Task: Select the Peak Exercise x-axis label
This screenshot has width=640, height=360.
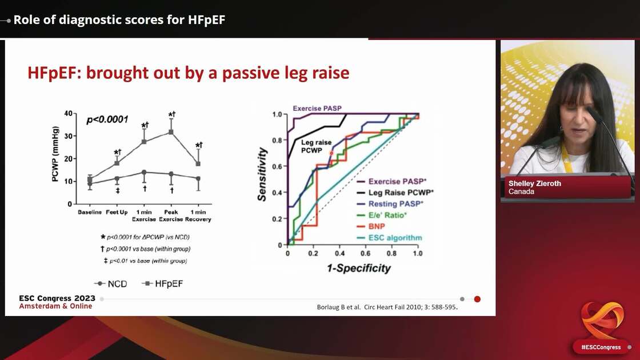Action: click(x=171, y=215)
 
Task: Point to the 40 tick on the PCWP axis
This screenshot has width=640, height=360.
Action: click(x=68, y=114)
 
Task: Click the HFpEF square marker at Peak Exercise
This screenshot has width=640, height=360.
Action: click(x=171, y=132)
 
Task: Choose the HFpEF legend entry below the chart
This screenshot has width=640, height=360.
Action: click(x=163, y=283)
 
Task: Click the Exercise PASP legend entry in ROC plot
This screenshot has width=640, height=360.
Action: click(x=394, y=181)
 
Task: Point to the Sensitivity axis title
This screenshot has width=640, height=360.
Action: click(x=262, y=174)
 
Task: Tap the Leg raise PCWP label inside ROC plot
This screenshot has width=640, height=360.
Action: click(x=308, y=146)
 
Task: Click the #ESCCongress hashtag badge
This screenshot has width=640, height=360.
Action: click(x=601, y=347)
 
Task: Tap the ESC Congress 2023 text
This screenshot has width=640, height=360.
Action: click(x=57, y=298)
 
